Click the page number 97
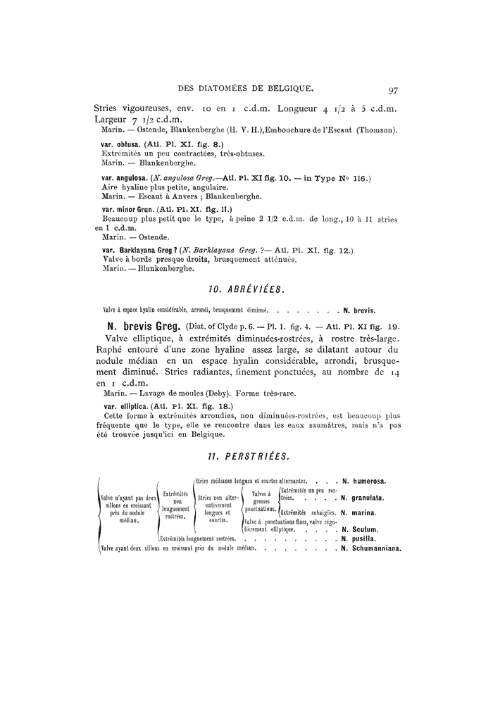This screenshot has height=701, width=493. pyautogui.click(x=393, y=89)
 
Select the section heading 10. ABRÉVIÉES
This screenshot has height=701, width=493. pyautogui.click(x=246, y=289)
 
